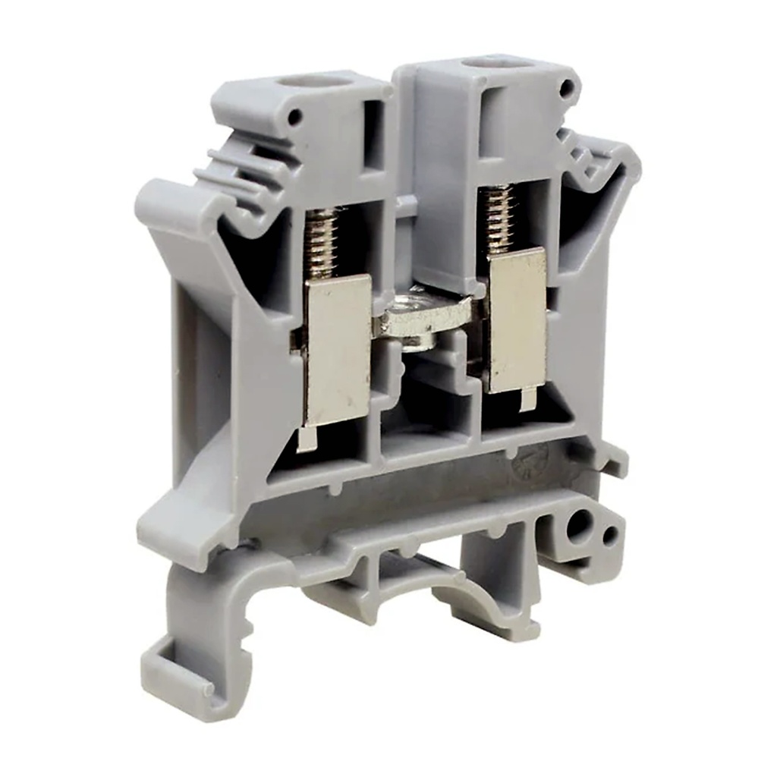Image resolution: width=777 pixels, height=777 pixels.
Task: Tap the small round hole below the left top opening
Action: (x=295, y=118)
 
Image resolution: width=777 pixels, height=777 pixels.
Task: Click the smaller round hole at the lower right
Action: (x=609, y=535)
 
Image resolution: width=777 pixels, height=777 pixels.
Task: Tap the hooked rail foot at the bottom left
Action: (x=186, y=668)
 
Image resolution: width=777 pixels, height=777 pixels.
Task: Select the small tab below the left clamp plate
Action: (x=307, y=439)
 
